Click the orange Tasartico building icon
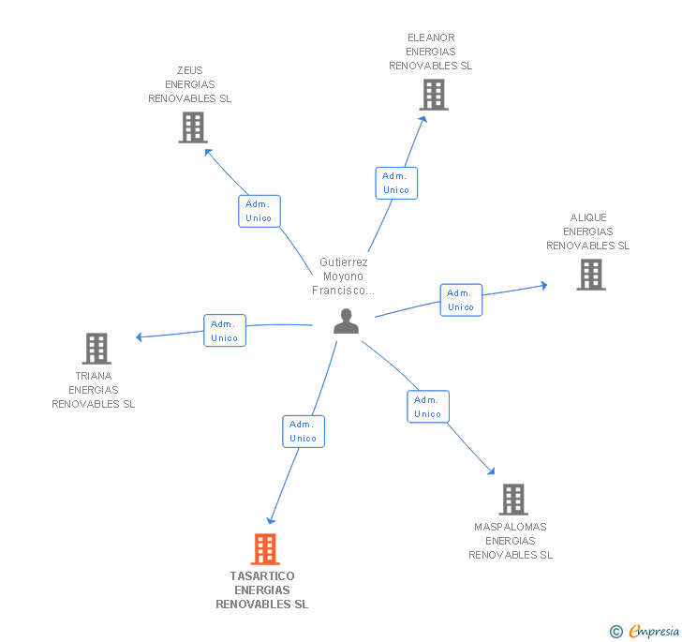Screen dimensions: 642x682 pyautogui.click(x=265, y=549)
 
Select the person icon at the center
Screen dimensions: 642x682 pyautogui.click(x=347, y=321)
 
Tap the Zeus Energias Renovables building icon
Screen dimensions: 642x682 pyautogui.click(x=192, y=127)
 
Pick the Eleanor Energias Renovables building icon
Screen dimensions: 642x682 pyautogui.click(x=433, y=95)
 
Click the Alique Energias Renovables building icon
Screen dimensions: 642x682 pyautogui.click(x=590, y=275)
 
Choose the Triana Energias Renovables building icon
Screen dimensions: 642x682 pyautogui.click(x=96, y=349)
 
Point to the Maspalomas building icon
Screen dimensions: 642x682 pyautogui.click(x=512, y=500)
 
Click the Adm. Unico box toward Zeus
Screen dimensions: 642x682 pyautogui.click(x=259, y=211)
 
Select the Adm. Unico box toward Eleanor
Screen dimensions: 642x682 pyautogui.click(x=396, y=183)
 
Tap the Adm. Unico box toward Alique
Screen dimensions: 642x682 pyautogui.click(x=461, y=300)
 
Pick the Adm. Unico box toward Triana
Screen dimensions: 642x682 pyautogui.click(x=225, y=331)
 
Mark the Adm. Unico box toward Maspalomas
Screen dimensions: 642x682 pyautogui.click(x=428, y=407)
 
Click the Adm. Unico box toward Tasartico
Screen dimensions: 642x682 pyautogui.click(x=304, y=431)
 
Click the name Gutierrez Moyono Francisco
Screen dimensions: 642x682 pyautogui.click(x=343, y=276)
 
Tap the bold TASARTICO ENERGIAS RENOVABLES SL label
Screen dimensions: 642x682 pyautogui.click(x=262, y=590)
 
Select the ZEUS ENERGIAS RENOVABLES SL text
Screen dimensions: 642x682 pyautogui.click(x=189, y=84)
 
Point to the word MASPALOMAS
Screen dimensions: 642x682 pyautogui.click(x=511, y=527)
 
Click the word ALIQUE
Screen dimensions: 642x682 pyautogui.click(x=588, y=217)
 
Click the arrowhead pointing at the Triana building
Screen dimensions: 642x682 pyautogui.click(x=140, y=337)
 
